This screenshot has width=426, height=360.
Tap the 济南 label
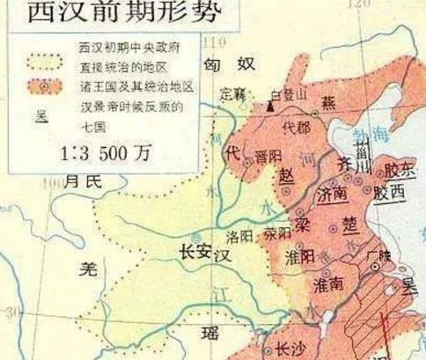pyautogui.click(x=335, y=190)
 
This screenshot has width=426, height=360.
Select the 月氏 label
pyautogui.click(x=83, y=180)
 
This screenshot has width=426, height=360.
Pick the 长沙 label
pyautogui.click(x=288, y=346)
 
